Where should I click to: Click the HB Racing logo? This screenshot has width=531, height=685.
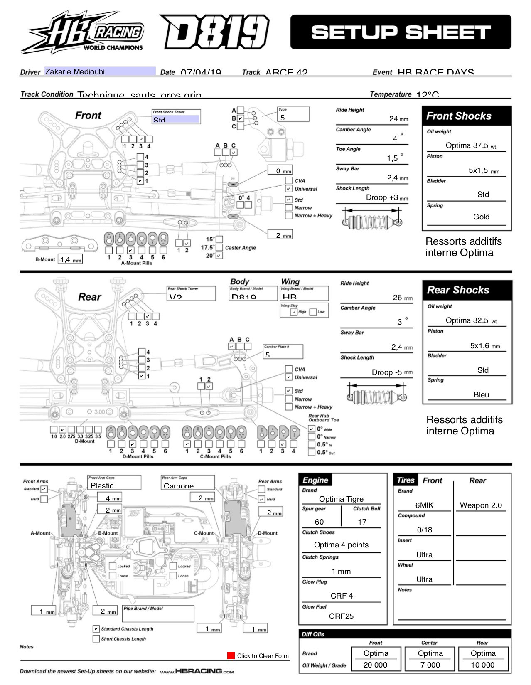82,32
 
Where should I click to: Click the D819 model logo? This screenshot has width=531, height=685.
214,32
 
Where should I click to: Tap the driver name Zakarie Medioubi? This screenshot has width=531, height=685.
75,71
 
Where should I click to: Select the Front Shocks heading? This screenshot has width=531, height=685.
459,116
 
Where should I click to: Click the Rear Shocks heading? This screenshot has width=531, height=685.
458,290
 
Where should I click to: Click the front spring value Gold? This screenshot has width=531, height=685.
481,217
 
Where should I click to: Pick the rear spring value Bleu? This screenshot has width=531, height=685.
481,395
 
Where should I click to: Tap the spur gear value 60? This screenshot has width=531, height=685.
319,522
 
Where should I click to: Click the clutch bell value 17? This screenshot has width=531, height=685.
362,522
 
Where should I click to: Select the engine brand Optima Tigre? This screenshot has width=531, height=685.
341,499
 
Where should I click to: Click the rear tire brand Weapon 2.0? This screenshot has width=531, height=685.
481,505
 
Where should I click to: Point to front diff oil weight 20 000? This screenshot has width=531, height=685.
375,665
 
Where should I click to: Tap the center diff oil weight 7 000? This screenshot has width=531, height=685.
430,665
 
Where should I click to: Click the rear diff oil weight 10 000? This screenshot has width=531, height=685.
483,665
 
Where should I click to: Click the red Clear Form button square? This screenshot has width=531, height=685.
231,655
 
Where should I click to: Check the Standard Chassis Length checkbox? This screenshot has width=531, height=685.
96,629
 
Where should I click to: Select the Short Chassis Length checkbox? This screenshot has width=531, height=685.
96,639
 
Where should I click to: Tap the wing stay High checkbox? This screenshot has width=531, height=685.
294,312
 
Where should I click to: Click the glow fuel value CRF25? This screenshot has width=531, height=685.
341,616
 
